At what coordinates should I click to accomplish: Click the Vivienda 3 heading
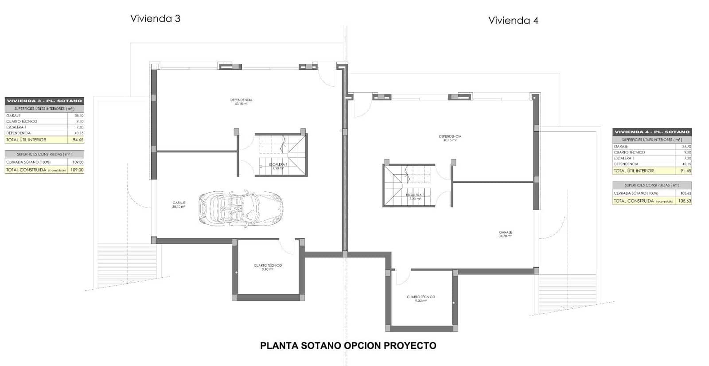[x=155, y=19]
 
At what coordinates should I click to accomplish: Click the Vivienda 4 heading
[x=513, y=20]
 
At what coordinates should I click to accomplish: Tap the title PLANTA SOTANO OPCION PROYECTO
[x=348, y=346]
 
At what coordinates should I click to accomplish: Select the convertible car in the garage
[x=241, y=209]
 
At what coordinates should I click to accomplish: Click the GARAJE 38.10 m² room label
[x=179, y=205]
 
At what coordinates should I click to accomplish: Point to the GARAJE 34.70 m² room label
[x=505, y=234]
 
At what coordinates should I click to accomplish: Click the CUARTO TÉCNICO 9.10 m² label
[x=268, y=267]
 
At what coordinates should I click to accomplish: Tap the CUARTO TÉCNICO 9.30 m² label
[x=421, y=299]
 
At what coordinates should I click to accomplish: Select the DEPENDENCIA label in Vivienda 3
[x=241, y=102]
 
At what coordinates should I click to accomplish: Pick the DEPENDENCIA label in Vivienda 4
[x=450, y=138]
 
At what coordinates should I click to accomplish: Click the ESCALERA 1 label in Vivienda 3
[x=278, y=166]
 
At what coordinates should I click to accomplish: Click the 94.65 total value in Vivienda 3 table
[x=78, y=140]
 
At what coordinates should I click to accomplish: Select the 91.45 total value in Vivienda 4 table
[x=685, y=171]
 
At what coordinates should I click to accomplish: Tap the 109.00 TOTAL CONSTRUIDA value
[x=77, y=170]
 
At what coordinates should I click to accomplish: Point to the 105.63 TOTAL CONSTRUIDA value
[x=684, y=201]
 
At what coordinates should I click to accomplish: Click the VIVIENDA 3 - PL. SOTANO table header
[x=44, y=101]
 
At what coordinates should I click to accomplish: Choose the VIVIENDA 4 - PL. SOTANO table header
[x=652, y=132]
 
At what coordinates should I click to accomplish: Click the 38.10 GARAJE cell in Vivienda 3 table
[x=78, y=116]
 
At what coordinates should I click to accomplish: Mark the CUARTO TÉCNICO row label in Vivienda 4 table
[x=629, y=152]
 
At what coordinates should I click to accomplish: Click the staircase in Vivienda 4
[x=407, y=185]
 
